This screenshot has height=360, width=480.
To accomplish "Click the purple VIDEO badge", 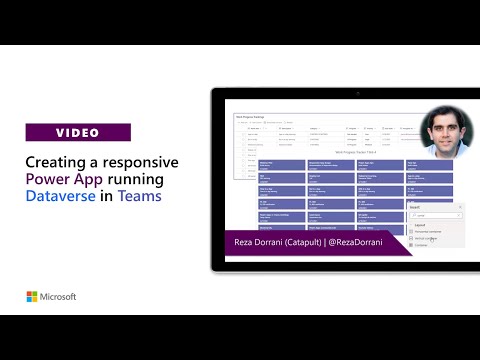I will click(x=78, y=132).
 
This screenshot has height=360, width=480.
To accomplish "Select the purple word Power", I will click(x=50, y=179).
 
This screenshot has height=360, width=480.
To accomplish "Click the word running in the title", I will click(x=146, y=179).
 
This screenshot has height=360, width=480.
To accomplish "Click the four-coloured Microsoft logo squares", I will click(x=32, y=297).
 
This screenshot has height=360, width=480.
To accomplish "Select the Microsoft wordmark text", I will click(x=58, y=297).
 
